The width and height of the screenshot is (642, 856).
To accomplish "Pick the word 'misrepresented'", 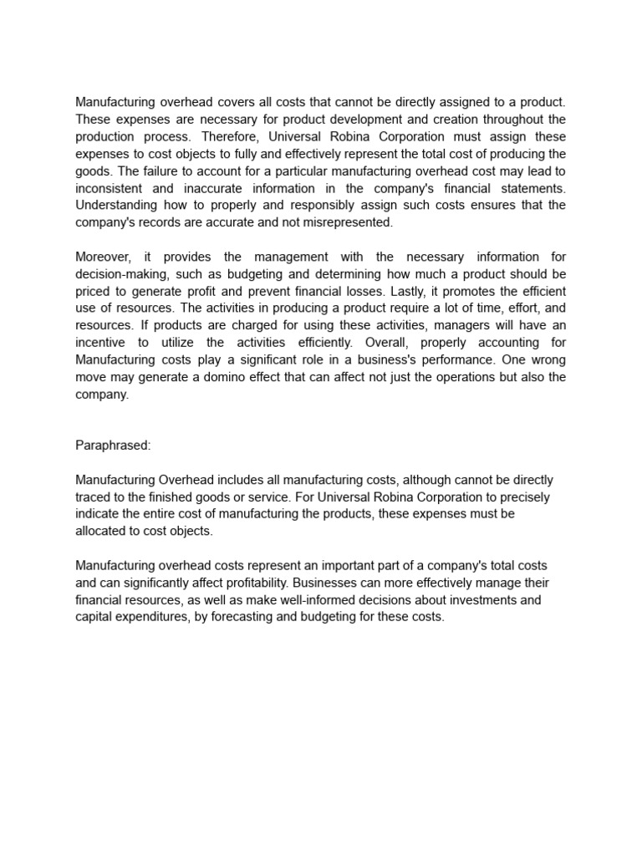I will click(x=348, y=222).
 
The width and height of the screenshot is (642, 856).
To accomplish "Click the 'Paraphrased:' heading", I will click(x=113, y=446).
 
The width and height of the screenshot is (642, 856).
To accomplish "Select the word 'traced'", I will click(x=94, y=496).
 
